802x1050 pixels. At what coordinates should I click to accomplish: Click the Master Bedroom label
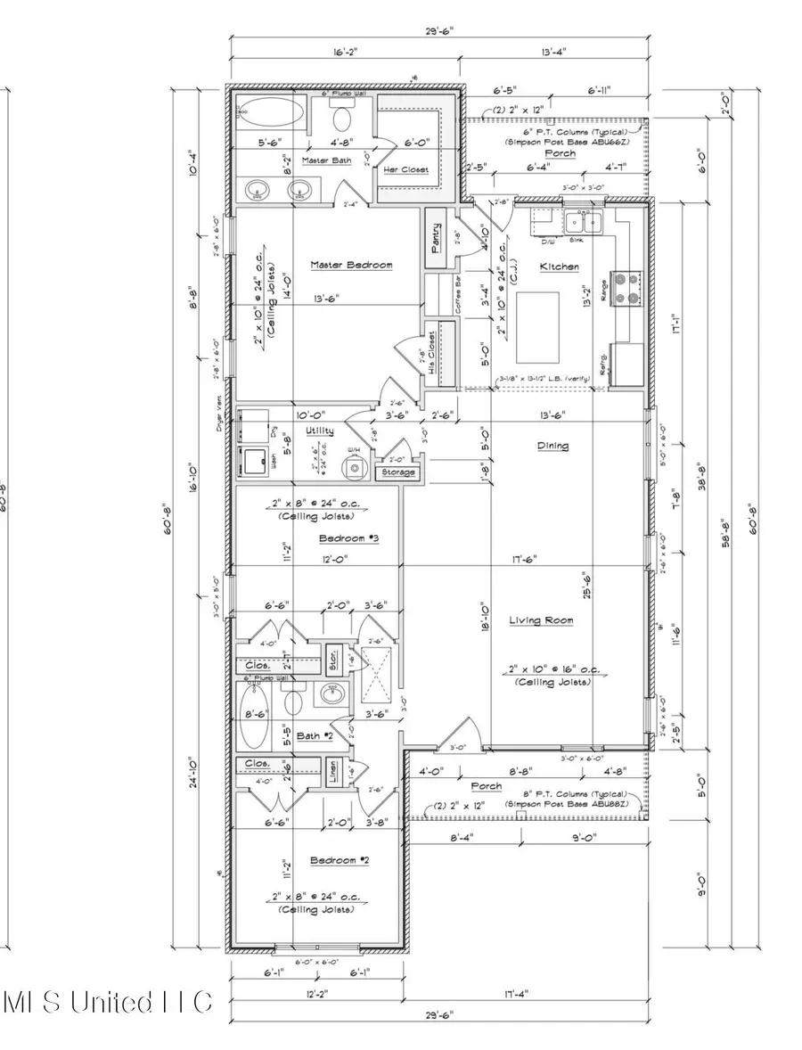click(x=351, y=265)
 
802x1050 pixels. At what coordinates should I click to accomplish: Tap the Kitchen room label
click(x=559, y=267)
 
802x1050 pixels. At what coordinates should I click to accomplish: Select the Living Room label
click(x=541, y=620)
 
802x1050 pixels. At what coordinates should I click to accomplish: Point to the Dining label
click(x=552, y=446)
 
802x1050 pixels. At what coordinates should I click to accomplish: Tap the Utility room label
click(x=319, y=431)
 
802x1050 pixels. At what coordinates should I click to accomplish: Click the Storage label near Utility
click(x=397, y=472)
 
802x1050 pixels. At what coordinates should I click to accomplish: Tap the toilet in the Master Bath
click(x=343, y=118)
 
